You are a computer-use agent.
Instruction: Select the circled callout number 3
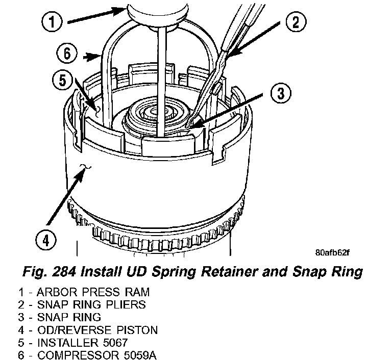pos(279,93)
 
